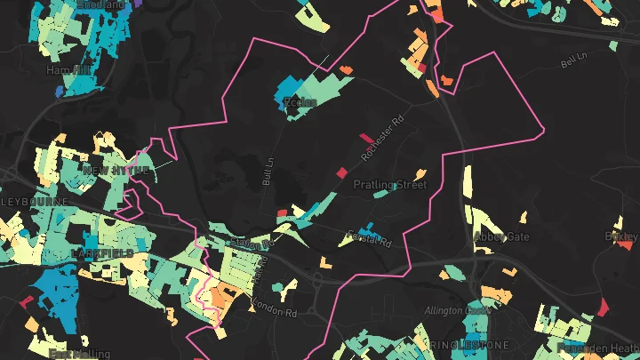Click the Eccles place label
300,102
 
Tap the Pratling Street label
390,185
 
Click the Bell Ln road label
575,63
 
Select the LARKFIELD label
101,253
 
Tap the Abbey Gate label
501,237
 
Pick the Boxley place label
621,236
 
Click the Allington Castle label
458,310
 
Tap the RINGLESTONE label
470,344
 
